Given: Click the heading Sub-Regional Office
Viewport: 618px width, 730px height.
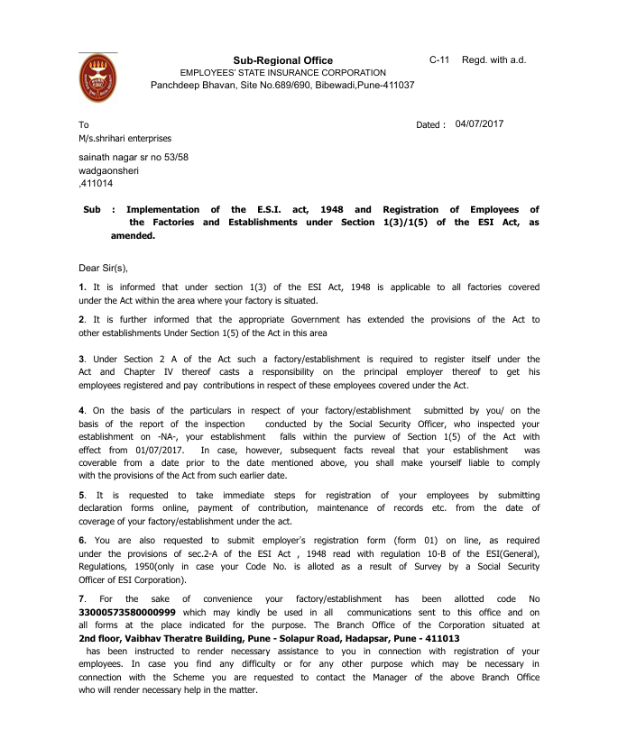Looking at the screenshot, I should (x=282, y=60).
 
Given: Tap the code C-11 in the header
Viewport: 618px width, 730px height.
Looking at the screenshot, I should (x=439, y=59).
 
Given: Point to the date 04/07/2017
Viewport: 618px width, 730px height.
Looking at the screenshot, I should (x=480, y=124).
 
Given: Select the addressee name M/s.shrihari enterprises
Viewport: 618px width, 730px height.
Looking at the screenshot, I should (x=125, y=138).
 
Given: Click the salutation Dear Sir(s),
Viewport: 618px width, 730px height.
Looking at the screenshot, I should (x=105, y=268).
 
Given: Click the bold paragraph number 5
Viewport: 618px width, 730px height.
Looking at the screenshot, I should (x=82, y=495).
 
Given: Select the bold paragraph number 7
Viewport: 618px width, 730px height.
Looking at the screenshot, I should (x=82, y=598).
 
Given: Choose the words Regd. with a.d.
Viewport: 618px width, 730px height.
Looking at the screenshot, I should (x=493, y=59).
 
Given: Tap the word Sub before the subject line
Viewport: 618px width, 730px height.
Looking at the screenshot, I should (x=91, y=209).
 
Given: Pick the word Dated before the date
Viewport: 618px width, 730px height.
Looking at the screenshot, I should (x=429, y=125).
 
